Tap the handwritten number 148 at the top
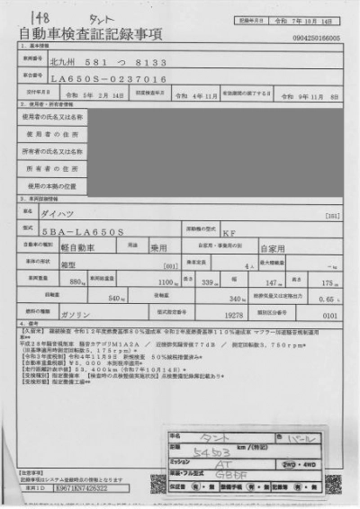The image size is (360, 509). point(40,15)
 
